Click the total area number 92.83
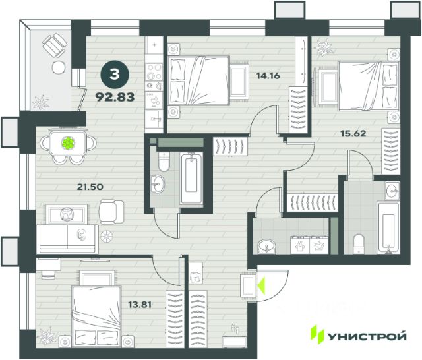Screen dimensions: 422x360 coord(115,97)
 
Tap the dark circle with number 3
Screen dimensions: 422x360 coord(115,75)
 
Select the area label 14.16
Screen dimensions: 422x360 coord(268,76)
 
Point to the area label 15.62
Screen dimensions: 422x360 coord(353,133)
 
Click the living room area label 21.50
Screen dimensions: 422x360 coord(90,187)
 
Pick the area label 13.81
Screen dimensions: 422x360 coord(139,305)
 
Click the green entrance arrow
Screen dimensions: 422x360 coord(261,285)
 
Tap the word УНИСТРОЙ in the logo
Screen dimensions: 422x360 coord(367,336)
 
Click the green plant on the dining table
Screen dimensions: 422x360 coord(68,143)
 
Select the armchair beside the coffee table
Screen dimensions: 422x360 coord(111,212)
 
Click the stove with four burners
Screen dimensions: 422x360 coord(154,72)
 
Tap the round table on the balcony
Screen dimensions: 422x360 coord(59,67)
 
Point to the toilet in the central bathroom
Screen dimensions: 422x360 coord(164,162)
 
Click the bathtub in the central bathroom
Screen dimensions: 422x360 coord(191,179)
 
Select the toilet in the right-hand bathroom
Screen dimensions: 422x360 coord(359,244)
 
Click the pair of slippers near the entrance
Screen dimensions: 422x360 coord(235,329)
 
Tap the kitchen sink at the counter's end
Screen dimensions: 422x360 coord(154,119)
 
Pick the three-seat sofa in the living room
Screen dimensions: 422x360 coord(67,239)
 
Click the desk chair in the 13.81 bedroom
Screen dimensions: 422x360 coord(48,272)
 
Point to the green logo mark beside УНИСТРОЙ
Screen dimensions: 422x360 coord(318,335)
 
